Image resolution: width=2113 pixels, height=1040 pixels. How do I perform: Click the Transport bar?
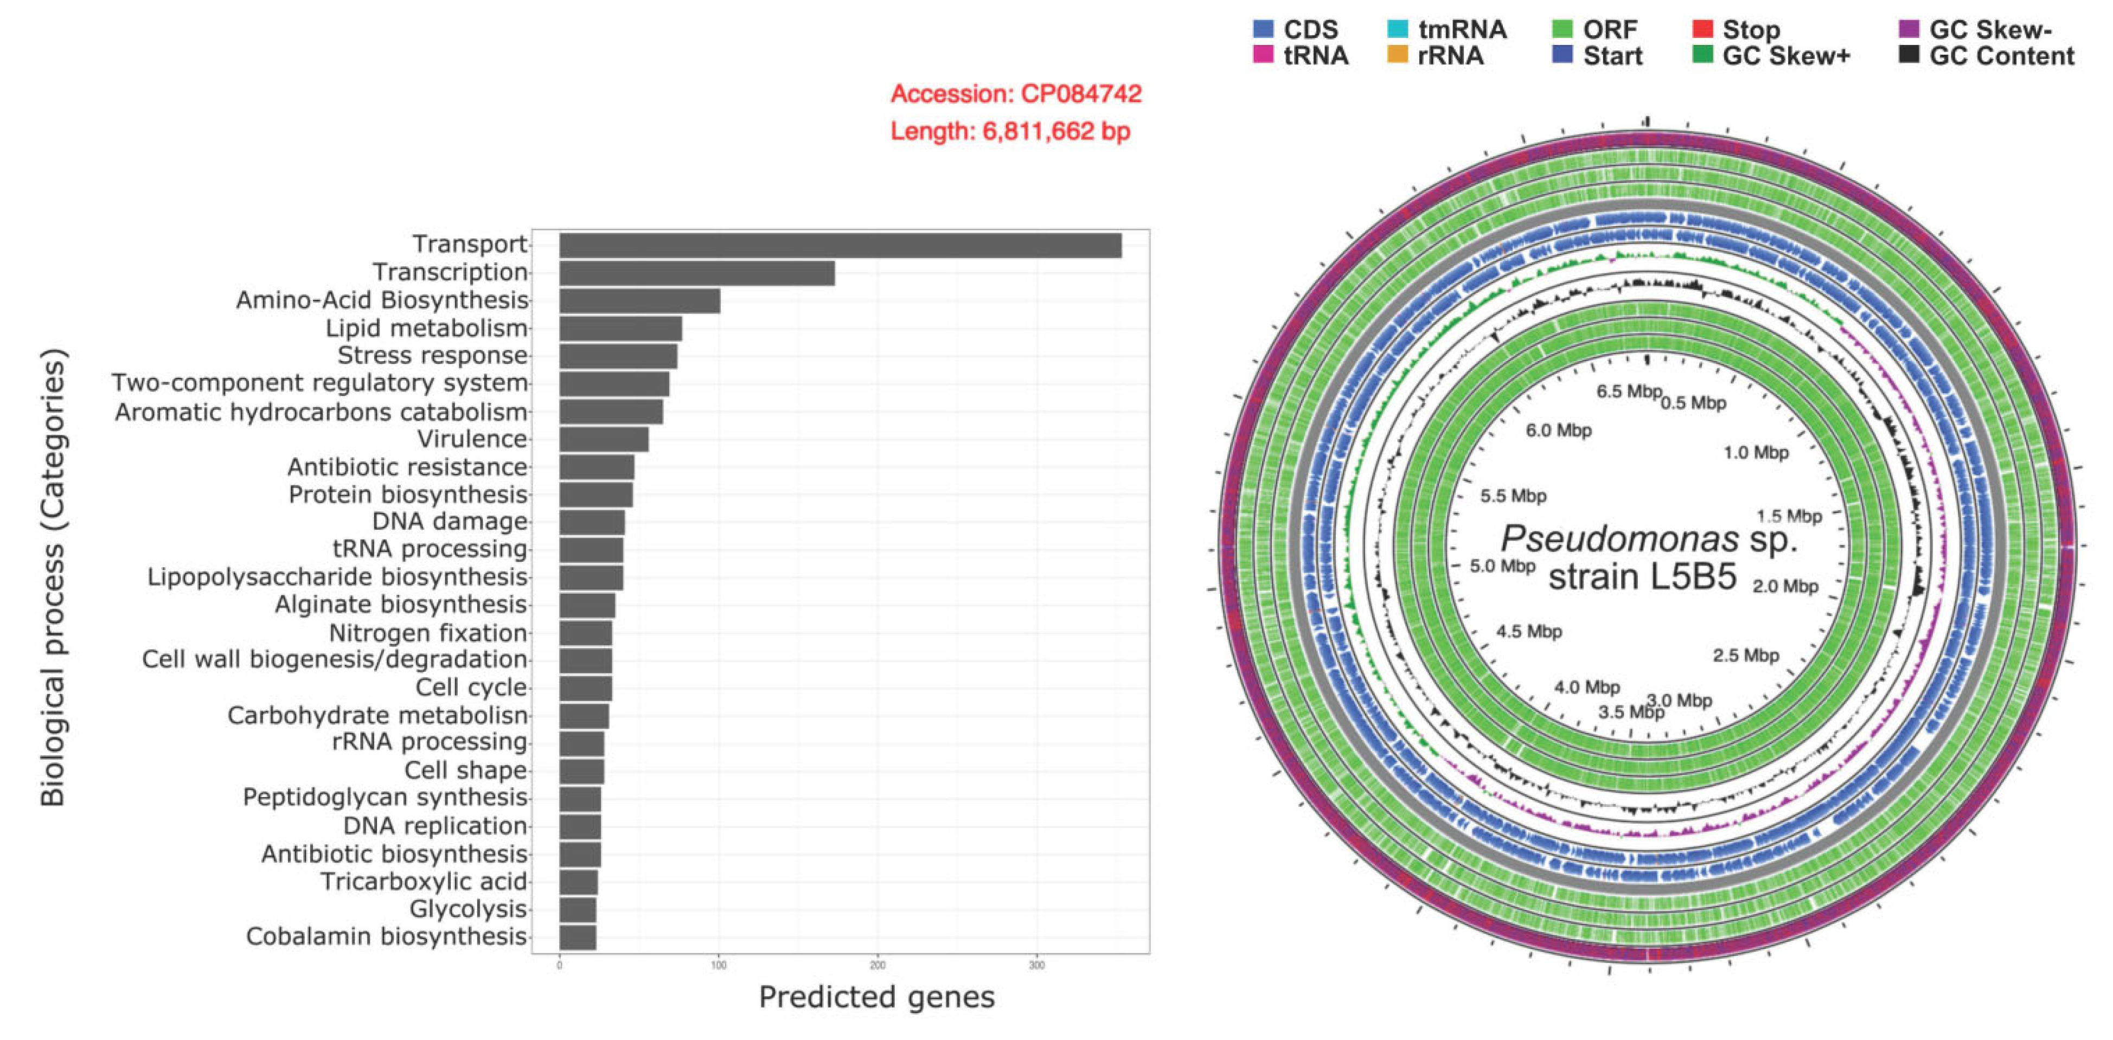(840, 245)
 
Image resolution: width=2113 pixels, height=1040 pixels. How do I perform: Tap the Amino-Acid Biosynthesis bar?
(640, 301)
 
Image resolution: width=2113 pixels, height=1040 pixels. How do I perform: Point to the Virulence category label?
(472, 440)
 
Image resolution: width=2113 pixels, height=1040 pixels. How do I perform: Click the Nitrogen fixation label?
(427, 633)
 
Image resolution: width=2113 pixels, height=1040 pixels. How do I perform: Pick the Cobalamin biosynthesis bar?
(578, 936)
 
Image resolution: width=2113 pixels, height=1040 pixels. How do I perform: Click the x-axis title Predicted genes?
(876, 997)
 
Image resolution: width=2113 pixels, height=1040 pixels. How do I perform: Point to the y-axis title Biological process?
(53, 578)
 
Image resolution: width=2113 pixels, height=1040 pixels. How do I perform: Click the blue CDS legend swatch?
(1263, 29)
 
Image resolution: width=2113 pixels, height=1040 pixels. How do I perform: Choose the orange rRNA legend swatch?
(1397, 56)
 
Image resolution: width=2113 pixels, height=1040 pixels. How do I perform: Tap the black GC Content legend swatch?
(1909, 56)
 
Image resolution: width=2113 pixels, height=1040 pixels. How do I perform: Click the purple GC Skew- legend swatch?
(1909, 29)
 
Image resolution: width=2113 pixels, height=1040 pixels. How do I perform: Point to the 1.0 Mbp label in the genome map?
(1756, 453)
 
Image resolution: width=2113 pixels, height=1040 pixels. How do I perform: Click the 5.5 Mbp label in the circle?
(1513, 496)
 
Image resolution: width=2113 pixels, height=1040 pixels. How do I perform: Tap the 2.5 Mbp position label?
(1745, 656)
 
